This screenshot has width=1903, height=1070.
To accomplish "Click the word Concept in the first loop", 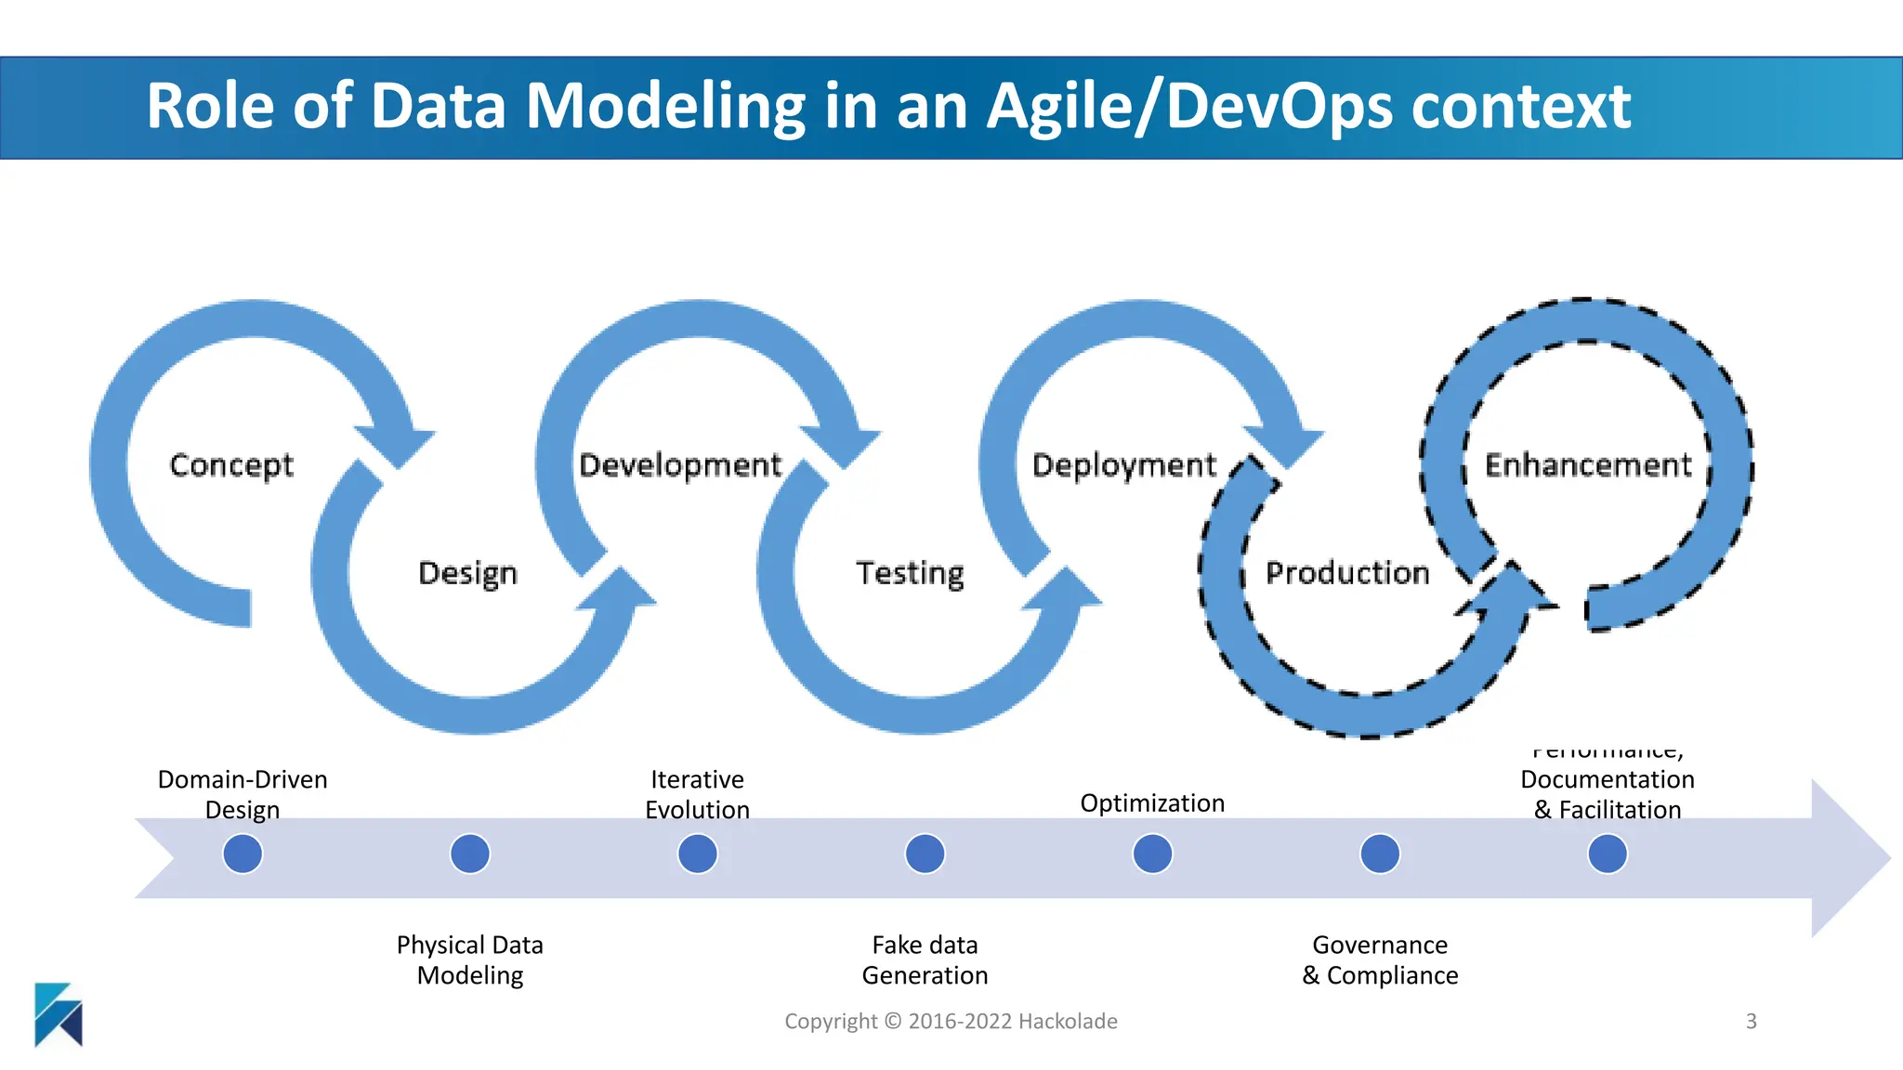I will click(x=231, y=464).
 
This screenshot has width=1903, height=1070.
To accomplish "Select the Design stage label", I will click(x=467, y=573).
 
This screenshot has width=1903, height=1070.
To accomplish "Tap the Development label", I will click(x=680, y=464).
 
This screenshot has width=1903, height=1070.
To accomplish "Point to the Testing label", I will click(x=910, y=573).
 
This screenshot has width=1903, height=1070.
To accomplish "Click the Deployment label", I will click(x=1123, y=464).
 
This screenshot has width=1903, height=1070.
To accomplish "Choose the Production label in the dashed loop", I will click(x=1347, y=573).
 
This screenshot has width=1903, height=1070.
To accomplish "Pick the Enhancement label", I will click(x=1588, y=464).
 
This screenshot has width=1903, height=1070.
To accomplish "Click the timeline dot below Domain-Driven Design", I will click(x=243, y=854).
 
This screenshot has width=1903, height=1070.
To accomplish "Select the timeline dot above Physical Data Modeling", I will click(x=470, y=854).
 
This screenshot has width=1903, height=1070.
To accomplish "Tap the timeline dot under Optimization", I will click(x=1152, y=854).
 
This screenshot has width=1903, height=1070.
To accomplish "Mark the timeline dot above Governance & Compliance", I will click(x=1380, y=854).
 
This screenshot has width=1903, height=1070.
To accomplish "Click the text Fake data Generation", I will click(x=925, y=959).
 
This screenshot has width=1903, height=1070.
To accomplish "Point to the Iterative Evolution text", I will click(x=697, y=794).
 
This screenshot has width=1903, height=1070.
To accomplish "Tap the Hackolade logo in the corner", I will click(x=59, y=1014).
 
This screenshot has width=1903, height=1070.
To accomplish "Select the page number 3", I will click(x=1751, y=1022).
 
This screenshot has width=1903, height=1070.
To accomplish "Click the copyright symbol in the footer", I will click(x=893, y=1022).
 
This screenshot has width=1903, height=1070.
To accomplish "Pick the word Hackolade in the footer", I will click(x=1068, y=1022).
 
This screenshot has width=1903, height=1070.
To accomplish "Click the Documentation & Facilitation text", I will click(x=1608, y=794).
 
